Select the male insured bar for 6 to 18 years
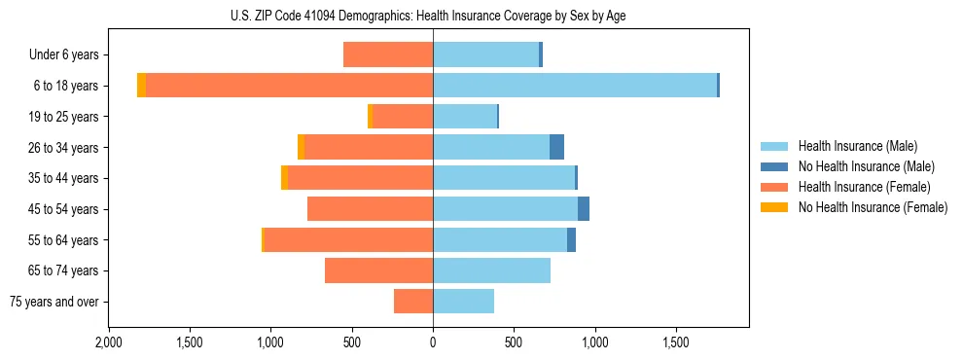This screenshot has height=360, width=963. (x=575, y=86)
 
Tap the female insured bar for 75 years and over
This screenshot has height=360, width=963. (x=413, y=302)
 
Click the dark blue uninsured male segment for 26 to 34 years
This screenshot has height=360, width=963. (x=556, y=147)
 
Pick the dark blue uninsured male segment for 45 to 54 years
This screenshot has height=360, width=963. (x=584, y=209)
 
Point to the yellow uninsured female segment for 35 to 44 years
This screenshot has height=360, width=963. (x=284, y=178)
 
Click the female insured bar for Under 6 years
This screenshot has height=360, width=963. (x=388, y=54)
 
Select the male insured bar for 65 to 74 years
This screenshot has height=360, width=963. (x=491, y=270)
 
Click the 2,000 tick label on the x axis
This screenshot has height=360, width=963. (x=108, y=342)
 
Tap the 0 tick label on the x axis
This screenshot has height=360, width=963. (x=433, y=342)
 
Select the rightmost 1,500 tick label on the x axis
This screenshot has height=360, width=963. (x=676, y=342)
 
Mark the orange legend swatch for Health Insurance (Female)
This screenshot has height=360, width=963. (x=774, y=187)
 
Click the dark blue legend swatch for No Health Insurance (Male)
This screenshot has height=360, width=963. (x=774, y=166)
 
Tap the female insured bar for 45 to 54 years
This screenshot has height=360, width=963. (x=370, y=209)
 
